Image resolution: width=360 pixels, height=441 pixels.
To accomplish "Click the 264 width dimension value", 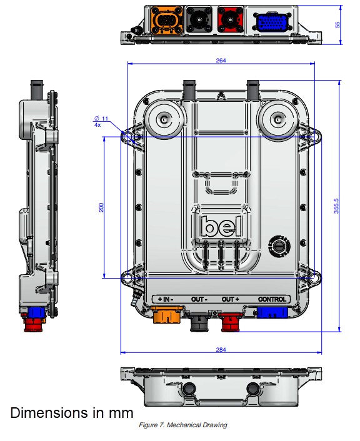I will (x=221, y=61).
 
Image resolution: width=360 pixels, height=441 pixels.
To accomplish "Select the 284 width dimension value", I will (x=221, y=350).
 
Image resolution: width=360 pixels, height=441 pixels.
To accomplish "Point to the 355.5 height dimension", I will (x=336, y=206).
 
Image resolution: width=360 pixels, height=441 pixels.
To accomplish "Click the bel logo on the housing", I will (x=221, y=225).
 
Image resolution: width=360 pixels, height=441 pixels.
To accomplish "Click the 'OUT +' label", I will (x=231, y=299).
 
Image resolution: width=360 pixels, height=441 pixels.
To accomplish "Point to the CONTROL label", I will (x=272, y=299).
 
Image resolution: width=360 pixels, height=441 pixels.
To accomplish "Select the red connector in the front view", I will (x=232, y=319).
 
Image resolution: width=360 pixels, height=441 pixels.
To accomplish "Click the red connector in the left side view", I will (x=32, y=325).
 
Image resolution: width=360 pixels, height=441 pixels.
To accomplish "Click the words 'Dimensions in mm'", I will (x=71, y=413).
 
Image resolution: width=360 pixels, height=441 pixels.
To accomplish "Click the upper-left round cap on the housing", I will (x=165, y=119).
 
